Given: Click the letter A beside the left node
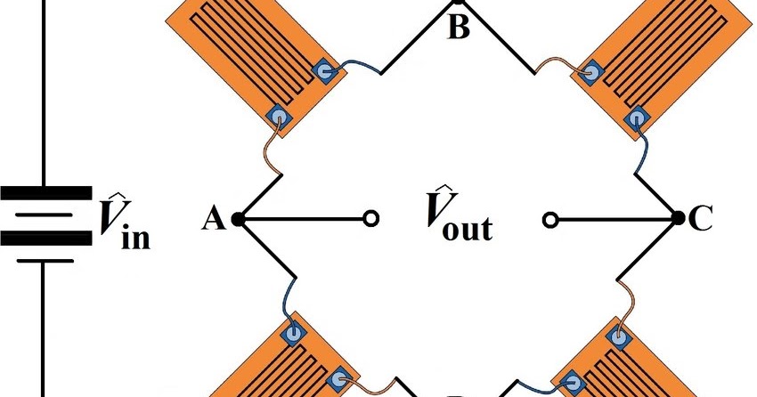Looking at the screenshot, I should (213, 218).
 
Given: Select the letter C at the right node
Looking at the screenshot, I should (701, 219).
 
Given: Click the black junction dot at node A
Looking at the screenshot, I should (237, 218).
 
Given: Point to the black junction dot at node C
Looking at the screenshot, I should (677, 218).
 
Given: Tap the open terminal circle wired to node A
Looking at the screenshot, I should (371, 218).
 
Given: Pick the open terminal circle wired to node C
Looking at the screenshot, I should (550, 218).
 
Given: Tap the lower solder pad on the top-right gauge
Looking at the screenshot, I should (637, 117).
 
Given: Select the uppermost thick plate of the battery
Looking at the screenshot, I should (46, 192).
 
